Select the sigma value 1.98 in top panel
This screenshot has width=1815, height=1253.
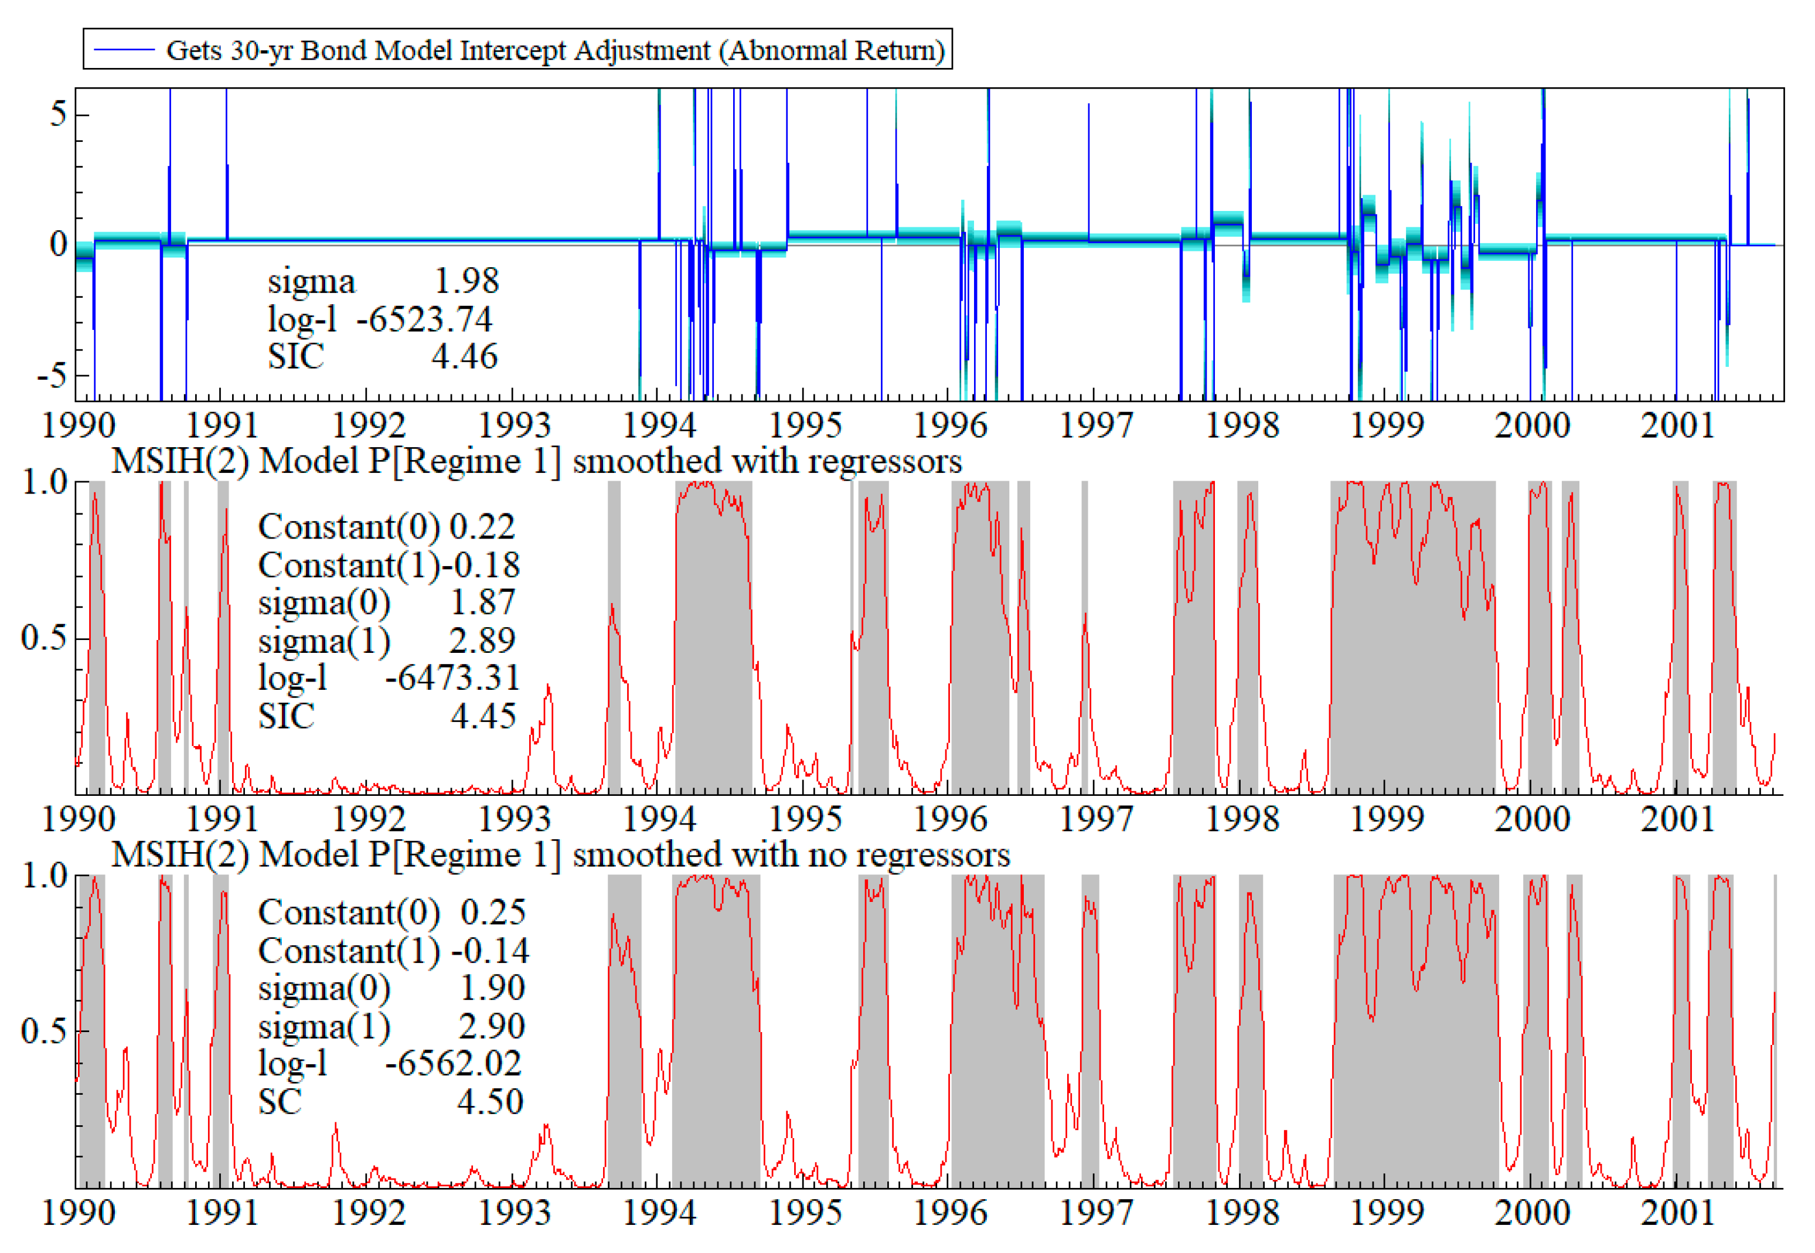466,281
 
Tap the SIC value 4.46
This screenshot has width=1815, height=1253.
464,356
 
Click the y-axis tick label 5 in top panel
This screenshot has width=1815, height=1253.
58,115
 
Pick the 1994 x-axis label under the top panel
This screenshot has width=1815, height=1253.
659,425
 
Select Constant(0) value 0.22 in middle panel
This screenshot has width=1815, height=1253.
481,526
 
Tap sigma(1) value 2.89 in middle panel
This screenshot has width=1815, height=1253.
481,641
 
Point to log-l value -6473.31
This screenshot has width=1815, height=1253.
452,677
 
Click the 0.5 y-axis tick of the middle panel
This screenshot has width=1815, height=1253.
44,638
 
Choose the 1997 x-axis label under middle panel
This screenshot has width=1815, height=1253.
1096,819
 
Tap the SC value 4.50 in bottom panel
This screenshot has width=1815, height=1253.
490,1101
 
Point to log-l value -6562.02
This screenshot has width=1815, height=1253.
453,1063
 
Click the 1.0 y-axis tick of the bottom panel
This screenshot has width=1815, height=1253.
44,876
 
